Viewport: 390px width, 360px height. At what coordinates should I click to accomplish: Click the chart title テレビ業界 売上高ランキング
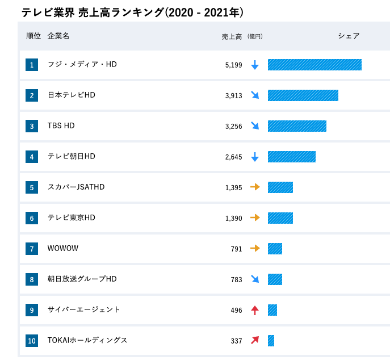click(132, 12)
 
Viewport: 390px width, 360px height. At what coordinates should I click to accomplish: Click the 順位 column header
click(33, 36)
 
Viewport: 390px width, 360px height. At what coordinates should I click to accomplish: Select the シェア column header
click(349, 36)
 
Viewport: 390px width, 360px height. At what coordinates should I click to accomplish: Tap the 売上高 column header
click(232, 36)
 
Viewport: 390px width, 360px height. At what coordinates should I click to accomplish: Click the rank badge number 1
click(32, 65)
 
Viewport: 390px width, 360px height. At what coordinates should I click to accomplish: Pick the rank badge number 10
click(32, 341)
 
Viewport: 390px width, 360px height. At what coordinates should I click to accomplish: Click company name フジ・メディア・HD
click(82, 64)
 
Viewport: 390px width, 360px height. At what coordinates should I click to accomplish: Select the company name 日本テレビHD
click(72, 95)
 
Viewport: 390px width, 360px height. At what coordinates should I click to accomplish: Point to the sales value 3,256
click(233, 126)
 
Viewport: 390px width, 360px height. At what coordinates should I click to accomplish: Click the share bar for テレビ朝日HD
click(292, 157)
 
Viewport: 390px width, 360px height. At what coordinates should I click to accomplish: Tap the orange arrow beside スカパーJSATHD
click(255, 187)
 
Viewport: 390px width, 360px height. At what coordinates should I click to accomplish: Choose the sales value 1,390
click(233, 218)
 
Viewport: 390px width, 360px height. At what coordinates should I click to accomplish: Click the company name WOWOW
click(63, 248)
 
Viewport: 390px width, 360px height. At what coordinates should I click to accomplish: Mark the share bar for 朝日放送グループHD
click(275, 279)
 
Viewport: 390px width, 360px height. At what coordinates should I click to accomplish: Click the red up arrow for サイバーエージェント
click(255, 310)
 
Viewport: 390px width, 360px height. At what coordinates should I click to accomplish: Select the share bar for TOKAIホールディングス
click(271, 341)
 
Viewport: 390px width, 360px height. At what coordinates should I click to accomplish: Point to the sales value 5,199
click(233, 65)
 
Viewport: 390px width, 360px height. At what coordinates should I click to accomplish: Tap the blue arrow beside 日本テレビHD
click(255, 95)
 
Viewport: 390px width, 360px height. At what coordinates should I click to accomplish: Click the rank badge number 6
click(32, 218)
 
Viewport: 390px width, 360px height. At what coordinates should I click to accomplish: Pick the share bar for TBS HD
click(297, 126)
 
